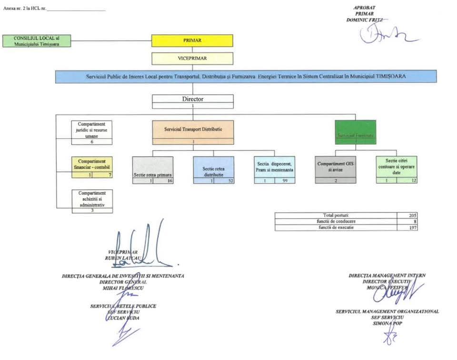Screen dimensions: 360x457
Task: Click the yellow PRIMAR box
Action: (x=192, y=40)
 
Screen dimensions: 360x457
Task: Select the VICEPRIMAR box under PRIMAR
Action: (x=192, y=58)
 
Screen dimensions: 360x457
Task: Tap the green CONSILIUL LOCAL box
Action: (x=36, y=40)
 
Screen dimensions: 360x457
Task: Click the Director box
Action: (x=192, y=100)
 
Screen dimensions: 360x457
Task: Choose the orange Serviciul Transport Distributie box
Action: (x=193, y=130)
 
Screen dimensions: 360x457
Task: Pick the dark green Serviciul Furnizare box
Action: (x=355, y=132)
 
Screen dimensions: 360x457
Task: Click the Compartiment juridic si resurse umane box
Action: (x=92, y=130)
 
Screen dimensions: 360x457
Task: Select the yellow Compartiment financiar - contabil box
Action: (x=92, y=165)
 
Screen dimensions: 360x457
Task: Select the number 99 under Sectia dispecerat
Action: (x=285, y=180)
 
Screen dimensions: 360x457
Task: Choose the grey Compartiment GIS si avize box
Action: (x=336, y=167)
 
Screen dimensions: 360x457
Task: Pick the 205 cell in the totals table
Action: (x=412, y=216)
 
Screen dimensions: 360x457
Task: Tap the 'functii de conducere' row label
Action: (x=336, y=221)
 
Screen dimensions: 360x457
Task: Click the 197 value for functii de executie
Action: (x=412, y=228)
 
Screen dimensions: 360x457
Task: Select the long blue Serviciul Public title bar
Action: (x=246, y=77)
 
